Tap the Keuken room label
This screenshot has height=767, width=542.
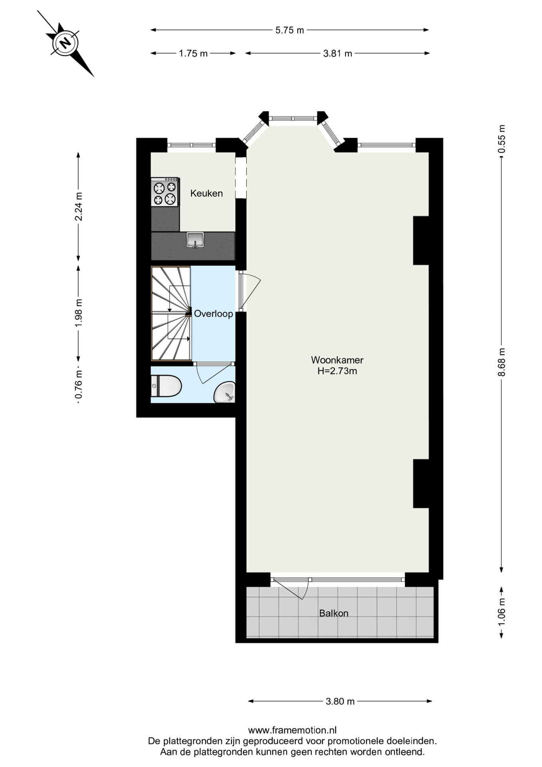coord(206,193)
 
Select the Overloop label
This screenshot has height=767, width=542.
coord(214,314)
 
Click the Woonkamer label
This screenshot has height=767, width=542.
coord(337,360)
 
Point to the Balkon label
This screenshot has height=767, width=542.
coord(334,613)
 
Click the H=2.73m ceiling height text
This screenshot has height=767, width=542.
coord(337,371)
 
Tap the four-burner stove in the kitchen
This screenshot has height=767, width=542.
coord(165,192)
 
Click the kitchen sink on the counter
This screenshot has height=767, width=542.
coord(195,240)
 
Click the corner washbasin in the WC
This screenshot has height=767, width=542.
coord(225,392)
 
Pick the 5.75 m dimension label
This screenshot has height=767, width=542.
coord(290,30)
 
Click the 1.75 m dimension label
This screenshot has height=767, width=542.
coord(194,54)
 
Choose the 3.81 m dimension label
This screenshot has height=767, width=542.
coord(338,54)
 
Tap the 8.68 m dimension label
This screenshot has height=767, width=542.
coord(502,362)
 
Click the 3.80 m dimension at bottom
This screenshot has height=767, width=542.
coord(340,701)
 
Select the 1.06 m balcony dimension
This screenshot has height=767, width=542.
coord(502,612)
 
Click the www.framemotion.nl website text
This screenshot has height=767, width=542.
coord(293,731)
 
